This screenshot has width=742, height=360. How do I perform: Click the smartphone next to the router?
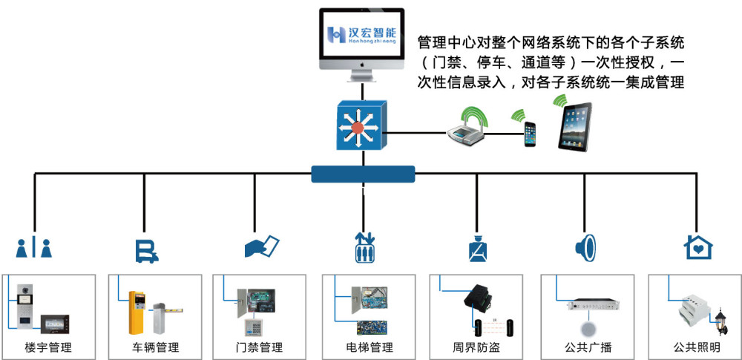point(530,134)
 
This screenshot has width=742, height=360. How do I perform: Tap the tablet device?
point(575,127)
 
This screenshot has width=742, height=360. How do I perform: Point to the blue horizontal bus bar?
point(363,174)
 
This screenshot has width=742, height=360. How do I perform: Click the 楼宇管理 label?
point(48,347)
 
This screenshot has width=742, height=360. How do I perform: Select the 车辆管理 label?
point(156,347)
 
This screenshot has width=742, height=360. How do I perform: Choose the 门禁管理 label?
point(259,347)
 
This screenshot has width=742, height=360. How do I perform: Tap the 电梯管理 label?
point(370,347)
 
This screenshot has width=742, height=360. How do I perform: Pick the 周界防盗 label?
point(476,347)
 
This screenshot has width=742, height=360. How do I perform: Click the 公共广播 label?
point(588,347)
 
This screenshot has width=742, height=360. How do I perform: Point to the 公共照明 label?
point(697,347)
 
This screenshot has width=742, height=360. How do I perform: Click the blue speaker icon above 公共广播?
point(585,247)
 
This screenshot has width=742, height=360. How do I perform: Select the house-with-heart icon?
point(698,246)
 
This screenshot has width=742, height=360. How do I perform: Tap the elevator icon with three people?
point(364,247)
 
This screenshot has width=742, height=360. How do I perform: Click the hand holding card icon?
point(262,246)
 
